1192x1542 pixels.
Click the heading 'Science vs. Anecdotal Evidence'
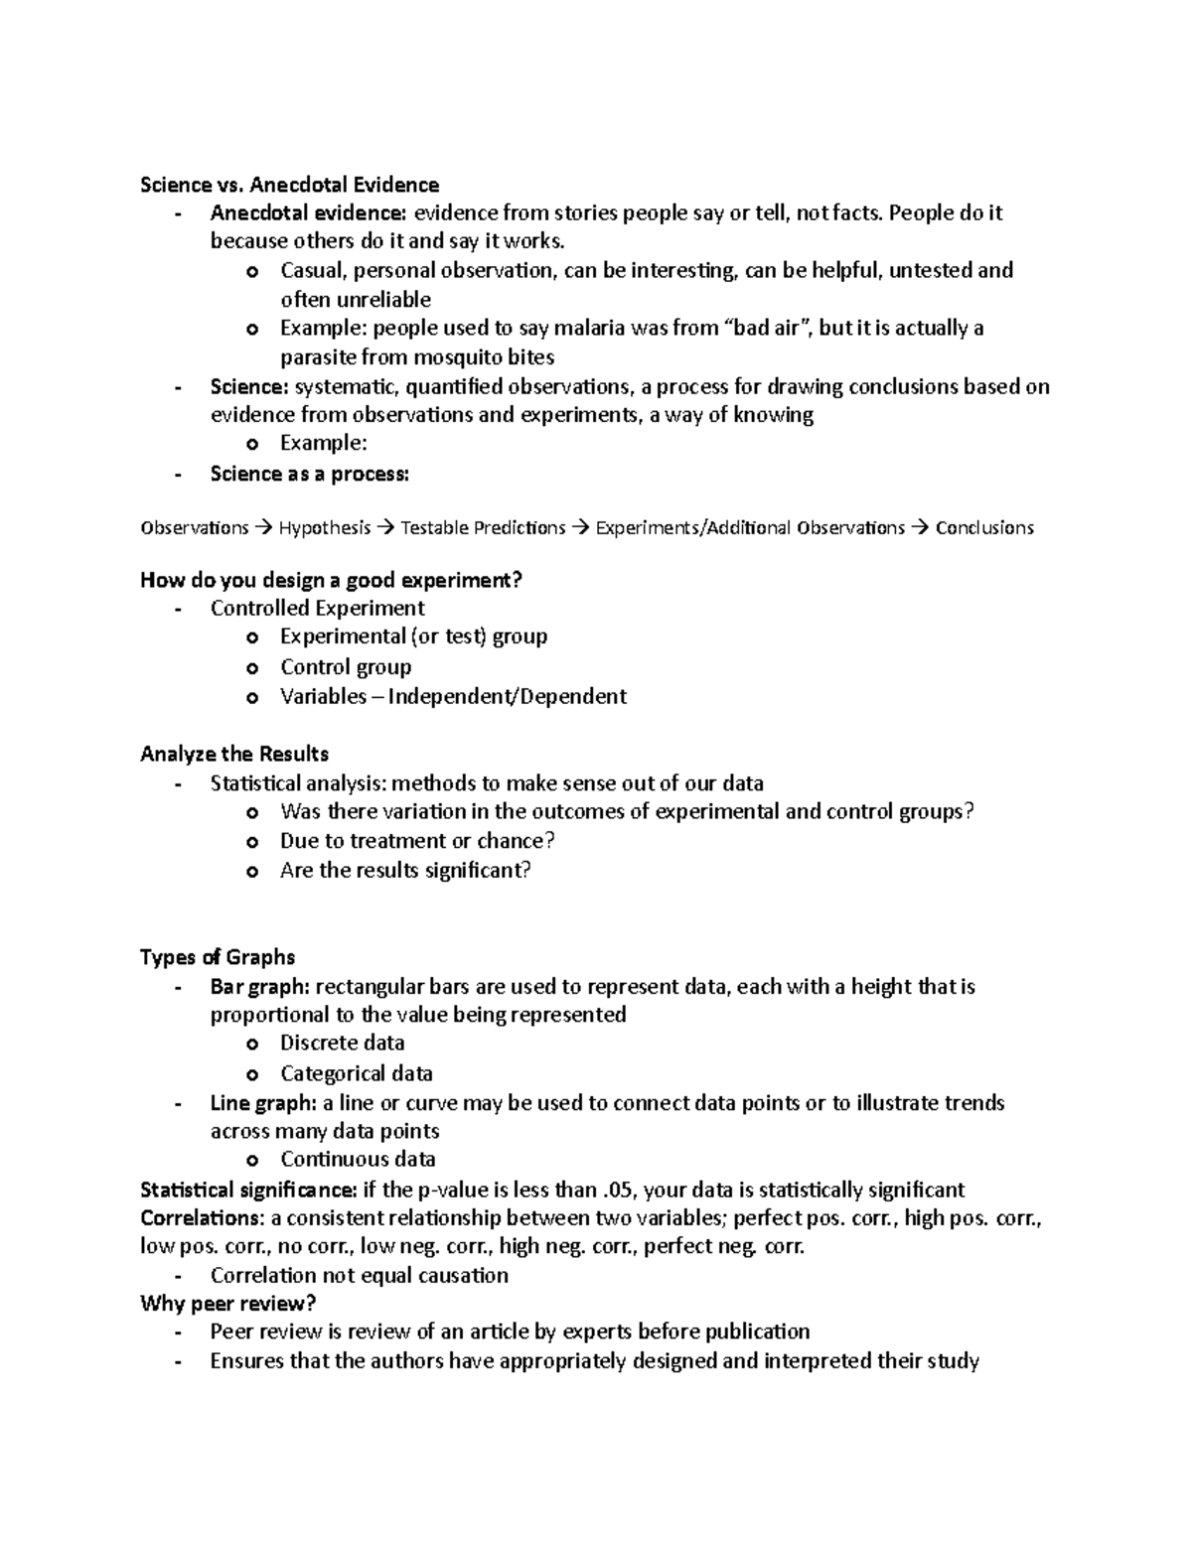point(289,185)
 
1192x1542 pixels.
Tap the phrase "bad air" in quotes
point(764,328)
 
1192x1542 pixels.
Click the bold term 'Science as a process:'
point(309,474)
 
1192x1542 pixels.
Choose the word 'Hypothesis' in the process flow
point(324,527)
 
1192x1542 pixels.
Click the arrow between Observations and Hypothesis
point(263,527)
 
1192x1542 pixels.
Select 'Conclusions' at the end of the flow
point(984,527)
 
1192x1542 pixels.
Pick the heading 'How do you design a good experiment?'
point(331,580)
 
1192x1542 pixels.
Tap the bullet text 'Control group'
point(345,666)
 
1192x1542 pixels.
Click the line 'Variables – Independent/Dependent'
point(453,696)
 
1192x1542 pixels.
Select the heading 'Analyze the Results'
point(234,754)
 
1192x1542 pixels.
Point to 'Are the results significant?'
point(405,870)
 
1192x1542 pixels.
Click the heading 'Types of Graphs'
point(218,957)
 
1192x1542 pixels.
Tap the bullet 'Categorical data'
point(356,1072)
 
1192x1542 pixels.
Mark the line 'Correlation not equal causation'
point(359,1275)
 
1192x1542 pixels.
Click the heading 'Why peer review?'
point(227,1303)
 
